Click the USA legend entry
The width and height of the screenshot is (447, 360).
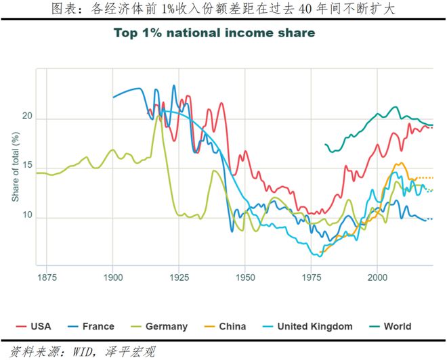click(34, 326)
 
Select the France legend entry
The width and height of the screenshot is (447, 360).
click(91, 326)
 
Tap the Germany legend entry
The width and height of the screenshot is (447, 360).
click(159, 327)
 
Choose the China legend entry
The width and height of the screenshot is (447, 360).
click(226, 326)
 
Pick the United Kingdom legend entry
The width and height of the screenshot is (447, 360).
click(307, 327)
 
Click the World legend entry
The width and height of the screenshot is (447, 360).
click(390, 326)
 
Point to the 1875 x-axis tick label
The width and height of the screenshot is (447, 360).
click(47, 277)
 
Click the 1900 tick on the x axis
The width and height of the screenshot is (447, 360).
click(113, 277)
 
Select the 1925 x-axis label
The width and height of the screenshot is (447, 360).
click(179, 277)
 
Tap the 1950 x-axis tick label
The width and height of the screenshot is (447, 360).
click(245, 277)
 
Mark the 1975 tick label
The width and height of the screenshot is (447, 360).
click(312, 277)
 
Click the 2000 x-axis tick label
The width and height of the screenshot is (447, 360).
click(377, 277)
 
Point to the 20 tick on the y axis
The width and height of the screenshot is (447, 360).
click(27, 116)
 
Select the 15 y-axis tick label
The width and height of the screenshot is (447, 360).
click(27, 166)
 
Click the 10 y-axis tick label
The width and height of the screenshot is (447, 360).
click(27, 215)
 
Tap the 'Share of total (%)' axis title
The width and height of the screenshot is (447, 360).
click(16, 167)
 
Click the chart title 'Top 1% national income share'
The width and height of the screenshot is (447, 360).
click(215, 33)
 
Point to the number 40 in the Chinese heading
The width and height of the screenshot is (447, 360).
click(305, 9)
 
